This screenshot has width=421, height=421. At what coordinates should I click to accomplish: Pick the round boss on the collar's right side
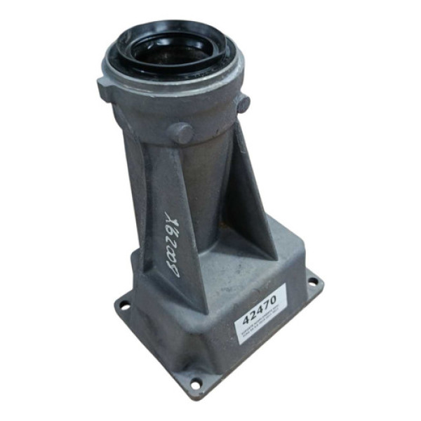pyautogui.click(x=243, y=104)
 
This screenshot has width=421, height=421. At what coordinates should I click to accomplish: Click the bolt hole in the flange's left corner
pyautogui.click(x=125, y=305)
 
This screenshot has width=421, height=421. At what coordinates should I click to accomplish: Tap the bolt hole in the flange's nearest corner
pyautogui.click(x=195, y=384)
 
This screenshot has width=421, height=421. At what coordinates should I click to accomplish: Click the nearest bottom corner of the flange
pyautogui.click(x=193, y=397)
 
